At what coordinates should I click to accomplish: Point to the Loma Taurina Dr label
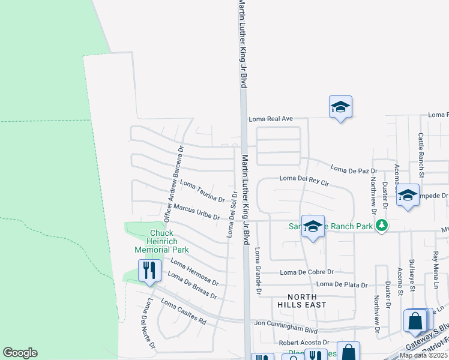coord(202,191)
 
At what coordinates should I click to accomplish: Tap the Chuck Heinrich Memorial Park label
coord(161,241)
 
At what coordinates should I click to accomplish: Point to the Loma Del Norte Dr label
coord(148,324)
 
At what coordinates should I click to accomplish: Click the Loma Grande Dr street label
coord(258,271)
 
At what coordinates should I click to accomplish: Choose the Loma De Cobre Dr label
coord(306,272)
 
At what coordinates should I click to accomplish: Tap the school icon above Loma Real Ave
coord(340,107)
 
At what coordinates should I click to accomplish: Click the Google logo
coord(20,353)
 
